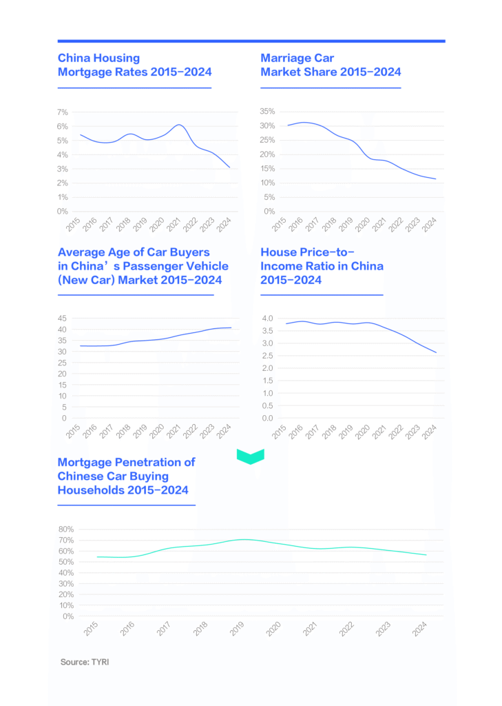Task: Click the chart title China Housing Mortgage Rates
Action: (x=134, y=65)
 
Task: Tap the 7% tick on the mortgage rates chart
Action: (x=62, y=112)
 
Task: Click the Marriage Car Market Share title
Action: (x=331, y=65)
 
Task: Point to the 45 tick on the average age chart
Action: (x=62, y=319)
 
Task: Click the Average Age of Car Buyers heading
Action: (x=143, y=265)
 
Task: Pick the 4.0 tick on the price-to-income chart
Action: (x=267, y=319)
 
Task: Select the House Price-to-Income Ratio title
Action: (x=322, y=265)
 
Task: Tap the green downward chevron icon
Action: (x=251, y=456)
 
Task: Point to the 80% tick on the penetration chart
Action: (x=66, y=529)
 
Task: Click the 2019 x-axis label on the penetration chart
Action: (x=237, y=627)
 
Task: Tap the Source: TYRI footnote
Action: (x=85, y=662)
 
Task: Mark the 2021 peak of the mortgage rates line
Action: (x=178, y=125)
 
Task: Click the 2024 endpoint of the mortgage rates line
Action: (x=230, y=168)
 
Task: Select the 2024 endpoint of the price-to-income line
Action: (x=436, y=353)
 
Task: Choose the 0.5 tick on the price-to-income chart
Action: (x=267, y=405)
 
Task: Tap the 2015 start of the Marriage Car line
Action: (x=287, y=125)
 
